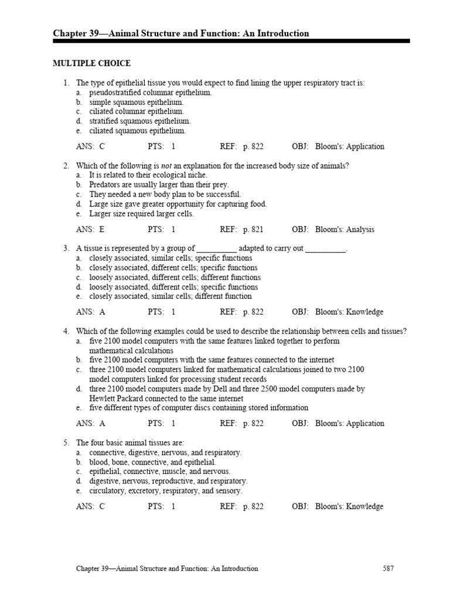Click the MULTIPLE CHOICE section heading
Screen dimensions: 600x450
coord(92,63)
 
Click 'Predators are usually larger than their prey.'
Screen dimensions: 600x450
coord(159,185)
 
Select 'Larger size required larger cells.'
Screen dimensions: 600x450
coord(141,214)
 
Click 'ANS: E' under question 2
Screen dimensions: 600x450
coord(90,230)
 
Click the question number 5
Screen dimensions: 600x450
coord(66,443)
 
